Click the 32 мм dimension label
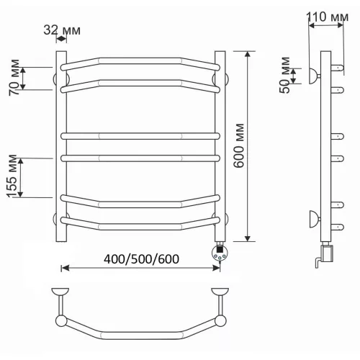(62, 30)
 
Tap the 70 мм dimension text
(14, 77)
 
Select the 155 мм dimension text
(12, 176)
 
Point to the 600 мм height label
(239, 145)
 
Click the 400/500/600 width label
(141, 259)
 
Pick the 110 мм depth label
(328, 17)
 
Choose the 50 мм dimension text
(285, 75)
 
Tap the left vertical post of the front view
(61, 146)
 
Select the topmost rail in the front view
(140, 63)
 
